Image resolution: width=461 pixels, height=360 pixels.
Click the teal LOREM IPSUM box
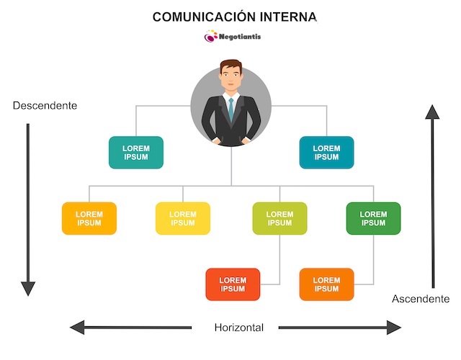[136, 153]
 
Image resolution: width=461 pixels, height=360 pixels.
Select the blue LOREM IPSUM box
[326, 153]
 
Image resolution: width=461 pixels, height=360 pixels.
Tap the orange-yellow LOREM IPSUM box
[89, 218]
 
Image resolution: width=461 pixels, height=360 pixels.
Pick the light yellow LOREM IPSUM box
[183, 218]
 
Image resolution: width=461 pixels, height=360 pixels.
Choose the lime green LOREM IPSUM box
[279, 218]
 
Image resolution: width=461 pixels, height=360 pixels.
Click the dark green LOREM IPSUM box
[373, 218]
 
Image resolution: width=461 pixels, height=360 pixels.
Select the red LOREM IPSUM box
[233, 284]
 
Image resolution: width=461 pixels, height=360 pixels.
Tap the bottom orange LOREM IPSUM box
[326, 284]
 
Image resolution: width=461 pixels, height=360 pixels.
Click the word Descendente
[45, 105]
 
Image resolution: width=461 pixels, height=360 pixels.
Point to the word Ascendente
[421, 299]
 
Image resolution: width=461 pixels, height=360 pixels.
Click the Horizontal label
[239, 328]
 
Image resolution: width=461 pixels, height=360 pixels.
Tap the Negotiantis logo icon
[211, 36]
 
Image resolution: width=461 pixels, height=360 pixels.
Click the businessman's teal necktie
[230, 109]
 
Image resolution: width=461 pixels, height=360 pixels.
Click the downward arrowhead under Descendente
[28, 288]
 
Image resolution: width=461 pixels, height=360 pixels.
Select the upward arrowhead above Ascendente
[432, 112]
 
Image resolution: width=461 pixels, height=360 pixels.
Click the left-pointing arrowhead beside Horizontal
[77, 328]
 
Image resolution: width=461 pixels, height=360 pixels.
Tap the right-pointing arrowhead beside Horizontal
[393, 328]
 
